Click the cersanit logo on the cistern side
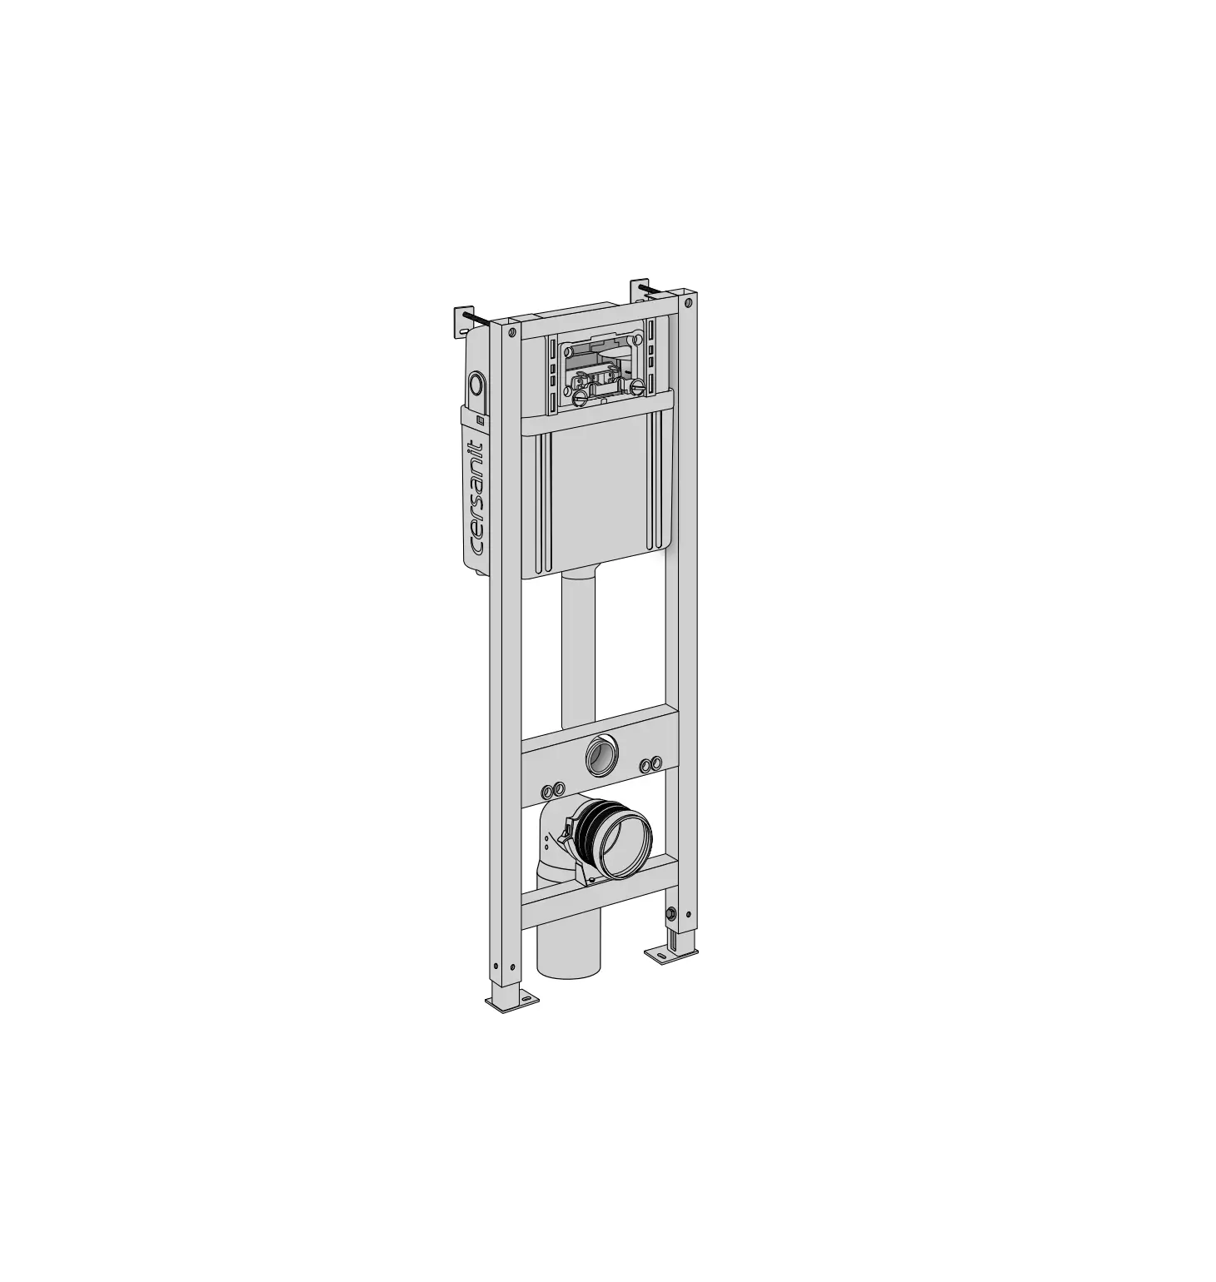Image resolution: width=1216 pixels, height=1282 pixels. [x=477, y=496]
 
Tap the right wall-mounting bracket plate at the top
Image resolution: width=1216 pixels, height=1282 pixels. [x=639, y=291]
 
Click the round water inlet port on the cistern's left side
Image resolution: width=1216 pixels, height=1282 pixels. [x=476, y=384]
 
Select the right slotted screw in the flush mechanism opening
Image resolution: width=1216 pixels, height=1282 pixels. [x=638, y=386]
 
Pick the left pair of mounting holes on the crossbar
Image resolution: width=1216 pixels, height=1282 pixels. [x=554, y=788]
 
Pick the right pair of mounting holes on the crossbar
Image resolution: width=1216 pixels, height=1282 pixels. [x=650, y=763]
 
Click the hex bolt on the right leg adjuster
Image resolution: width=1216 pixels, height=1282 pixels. [x=668, y=916]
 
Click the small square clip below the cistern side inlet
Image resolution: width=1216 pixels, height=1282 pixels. [x=480, y=420]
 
